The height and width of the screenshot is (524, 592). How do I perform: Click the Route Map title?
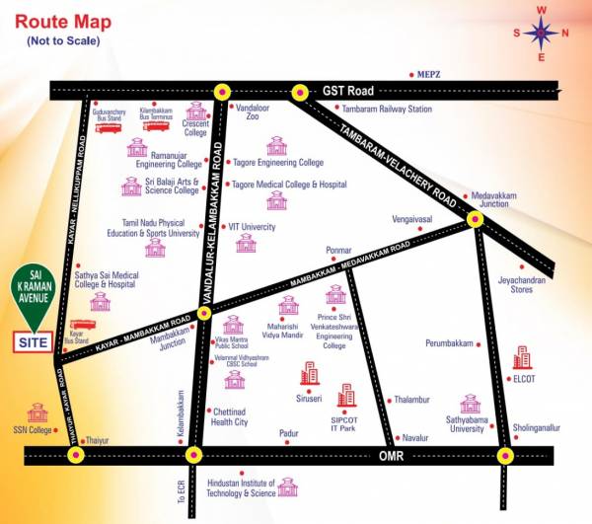(69, 21)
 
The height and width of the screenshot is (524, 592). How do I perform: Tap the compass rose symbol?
(541, 34)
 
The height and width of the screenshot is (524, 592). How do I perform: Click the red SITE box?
(32, 342)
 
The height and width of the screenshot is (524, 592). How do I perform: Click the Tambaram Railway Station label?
(384, 109)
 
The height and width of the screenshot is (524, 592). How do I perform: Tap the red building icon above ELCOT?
(521, 357)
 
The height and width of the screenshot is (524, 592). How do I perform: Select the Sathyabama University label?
(469, 423)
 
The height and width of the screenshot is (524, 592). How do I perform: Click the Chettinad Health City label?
(230, 416)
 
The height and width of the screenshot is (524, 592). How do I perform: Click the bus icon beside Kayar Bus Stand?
(79, 325)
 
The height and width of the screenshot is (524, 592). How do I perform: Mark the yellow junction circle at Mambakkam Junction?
(204, 313)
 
